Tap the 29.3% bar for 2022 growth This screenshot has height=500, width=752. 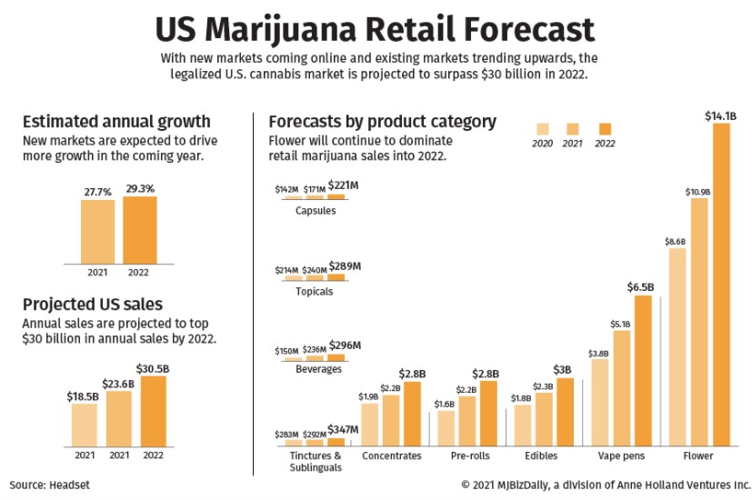[139, 230]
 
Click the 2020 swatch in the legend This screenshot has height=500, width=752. [543, 128]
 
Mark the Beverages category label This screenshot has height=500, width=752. [318, 370]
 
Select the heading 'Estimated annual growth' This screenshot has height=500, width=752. [116, 122]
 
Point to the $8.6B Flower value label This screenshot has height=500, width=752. [676, 241]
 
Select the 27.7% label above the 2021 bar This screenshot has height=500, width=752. [96, 190]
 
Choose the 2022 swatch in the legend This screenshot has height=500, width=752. [605, 128]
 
